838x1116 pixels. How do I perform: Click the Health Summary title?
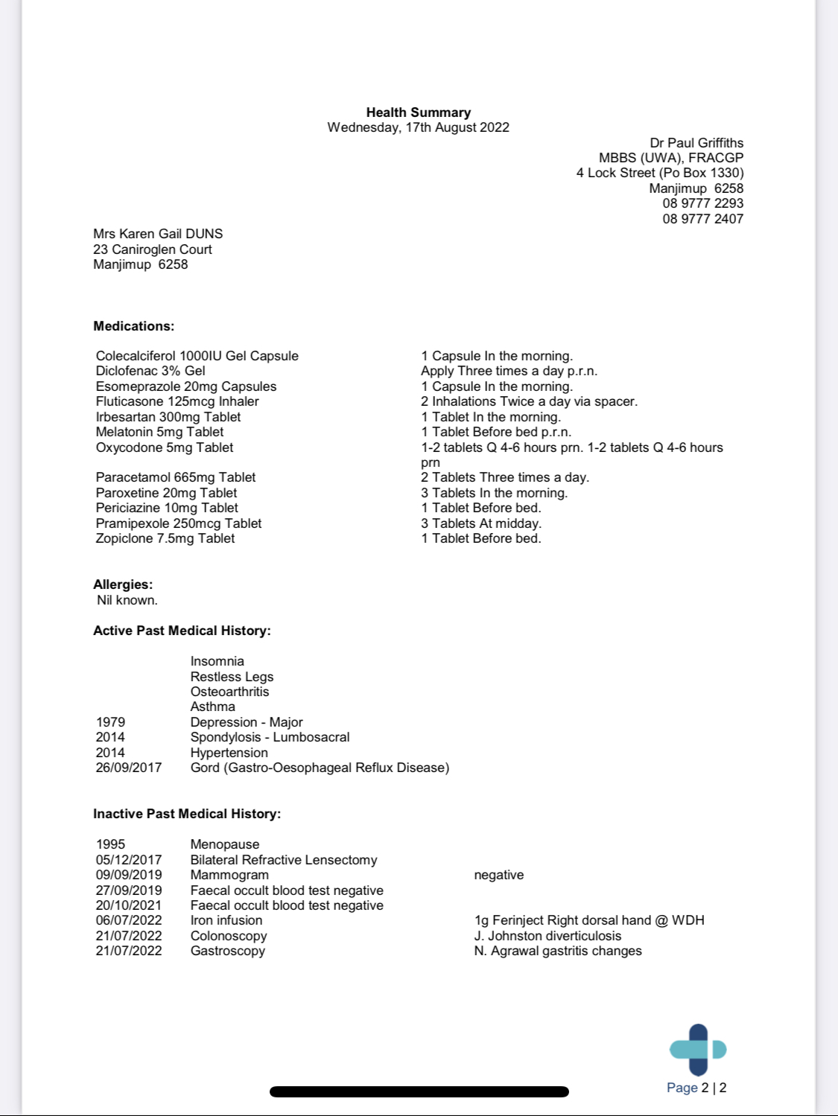click(x=418, y=112)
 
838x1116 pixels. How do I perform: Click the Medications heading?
click(x=133, y=326)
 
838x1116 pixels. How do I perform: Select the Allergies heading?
click(x=123, y=584)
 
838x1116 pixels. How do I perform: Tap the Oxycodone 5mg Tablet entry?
click(x=165, y=447)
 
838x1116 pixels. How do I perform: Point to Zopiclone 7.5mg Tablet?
click(x=165, y=538)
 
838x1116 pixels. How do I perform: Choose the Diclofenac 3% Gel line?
click(x=150, y=371)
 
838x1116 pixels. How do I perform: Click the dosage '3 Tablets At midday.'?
click(x=481, y=523)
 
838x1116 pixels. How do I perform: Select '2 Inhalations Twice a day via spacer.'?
click(x=529, y=401)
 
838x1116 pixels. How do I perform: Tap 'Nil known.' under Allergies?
click(x=127, y=600)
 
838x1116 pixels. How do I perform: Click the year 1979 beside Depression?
click(x=110, y=722)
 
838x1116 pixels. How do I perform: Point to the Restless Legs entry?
click(x=232, y=677)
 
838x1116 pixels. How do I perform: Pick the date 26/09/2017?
click(x=128, y=768)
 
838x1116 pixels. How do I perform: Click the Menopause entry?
click(x=225, y=844)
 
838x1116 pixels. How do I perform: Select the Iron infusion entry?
click(x=226, y=920)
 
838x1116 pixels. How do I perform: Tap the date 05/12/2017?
click(x=128, y=860)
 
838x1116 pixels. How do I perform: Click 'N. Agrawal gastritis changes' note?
click(x=558, y=951)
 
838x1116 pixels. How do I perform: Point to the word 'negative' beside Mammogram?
click(x=499, y=875)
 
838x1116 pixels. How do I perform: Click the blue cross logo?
click(x=698, y=1050)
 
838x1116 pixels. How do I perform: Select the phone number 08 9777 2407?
click(x=702, y=219)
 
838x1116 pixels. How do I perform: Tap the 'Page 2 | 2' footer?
click(x=696, y=1088)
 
